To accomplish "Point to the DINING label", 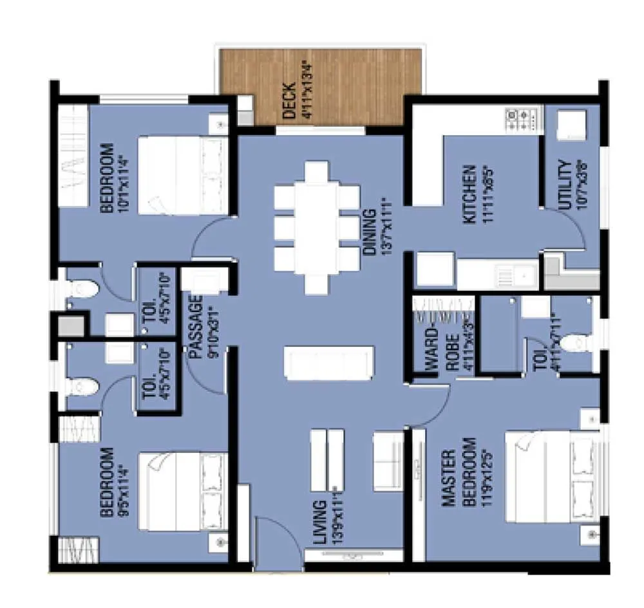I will point(368,232).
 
